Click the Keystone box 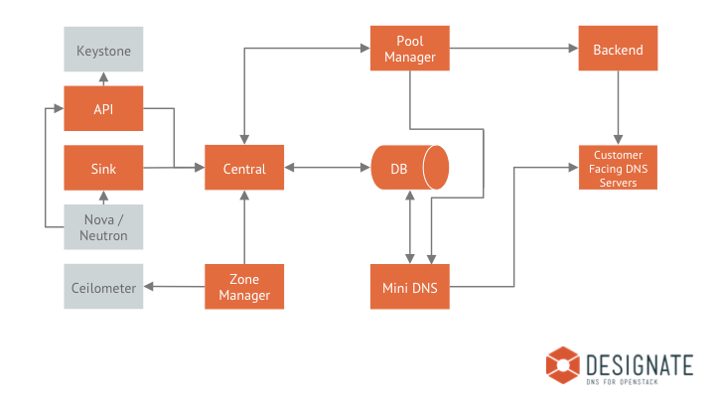coord(103,50)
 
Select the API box coord(103,108)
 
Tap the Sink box coord(103,168)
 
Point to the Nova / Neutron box coord(103,227)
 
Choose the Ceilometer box coord(103,287)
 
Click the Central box coord(244,168)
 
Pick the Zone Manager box coord(244,287)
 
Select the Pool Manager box coord(410,49)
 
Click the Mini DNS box coord(410,287)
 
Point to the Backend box coord(618,49)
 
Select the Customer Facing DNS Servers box coord(618,168)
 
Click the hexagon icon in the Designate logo coord(563,364)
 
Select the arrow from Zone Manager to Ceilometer coord(174,287)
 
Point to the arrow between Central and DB coord(328,168)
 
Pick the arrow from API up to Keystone coord(103,78)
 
